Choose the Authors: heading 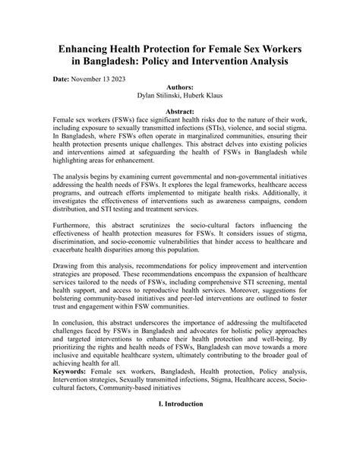[179, 87]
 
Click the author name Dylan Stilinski [156, 97]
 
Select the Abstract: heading [179, 111]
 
